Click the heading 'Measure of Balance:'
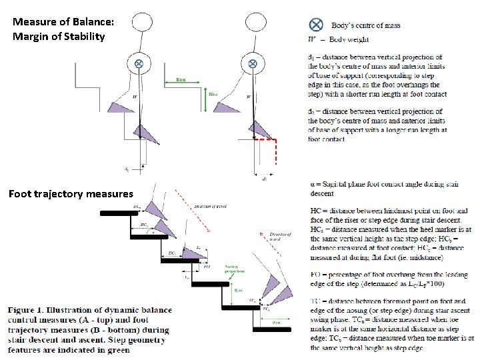63,22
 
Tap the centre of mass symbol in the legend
317,25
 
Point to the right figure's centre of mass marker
253,63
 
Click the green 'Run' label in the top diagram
180,80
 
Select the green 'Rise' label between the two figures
213,95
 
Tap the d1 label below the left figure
127,169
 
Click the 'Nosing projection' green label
235,269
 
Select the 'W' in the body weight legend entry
312,37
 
